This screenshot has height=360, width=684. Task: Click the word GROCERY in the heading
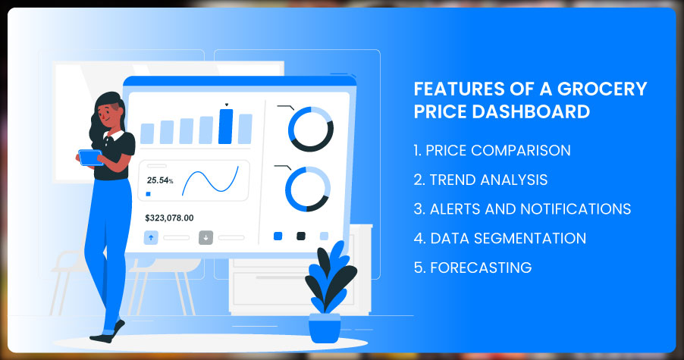[602, 89]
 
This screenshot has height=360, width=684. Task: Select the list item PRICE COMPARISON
[492, 150]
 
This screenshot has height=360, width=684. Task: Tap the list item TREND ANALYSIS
[480, 180]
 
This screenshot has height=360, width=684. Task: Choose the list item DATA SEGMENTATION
[500, 238]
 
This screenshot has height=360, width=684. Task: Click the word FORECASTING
[481, 268]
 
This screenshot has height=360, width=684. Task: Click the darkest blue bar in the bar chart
[225, 127]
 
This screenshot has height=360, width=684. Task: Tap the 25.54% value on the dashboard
[160, 180]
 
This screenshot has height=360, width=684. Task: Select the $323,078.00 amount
[169, 218]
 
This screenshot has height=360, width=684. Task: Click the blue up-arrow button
[151, 237]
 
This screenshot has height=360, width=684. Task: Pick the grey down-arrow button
[206, 237]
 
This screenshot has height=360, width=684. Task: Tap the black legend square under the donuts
[301, 236]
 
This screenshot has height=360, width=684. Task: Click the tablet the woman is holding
[91, 158]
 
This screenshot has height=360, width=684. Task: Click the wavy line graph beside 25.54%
[210, 181]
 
